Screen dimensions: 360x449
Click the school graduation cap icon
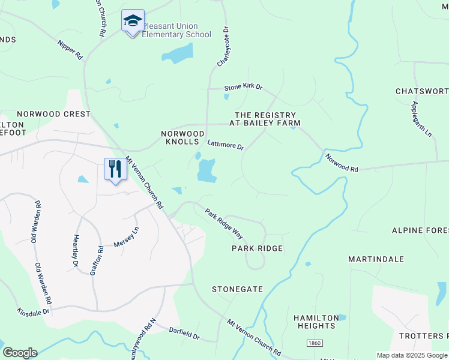point(133,21)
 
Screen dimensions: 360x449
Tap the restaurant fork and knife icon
point(115,169)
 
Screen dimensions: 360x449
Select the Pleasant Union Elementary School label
point(176,31)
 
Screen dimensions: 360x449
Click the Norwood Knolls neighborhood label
point(183,137)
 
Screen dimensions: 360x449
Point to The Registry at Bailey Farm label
point(265,119)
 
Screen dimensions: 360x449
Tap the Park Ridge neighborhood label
point(257,248)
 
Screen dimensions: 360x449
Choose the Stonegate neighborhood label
point(237,289)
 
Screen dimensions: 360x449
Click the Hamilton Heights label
point(315,322)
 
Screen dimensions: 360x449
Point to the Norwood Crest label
point(53,114)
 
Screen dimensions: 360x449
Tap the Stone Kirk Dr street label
point(244,87)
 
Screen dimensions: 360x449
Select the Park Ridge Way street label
point(223,223)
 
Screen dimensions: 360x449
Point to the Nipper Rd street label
point(70,49)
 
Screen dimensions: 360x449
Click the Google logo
point(20,353)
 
